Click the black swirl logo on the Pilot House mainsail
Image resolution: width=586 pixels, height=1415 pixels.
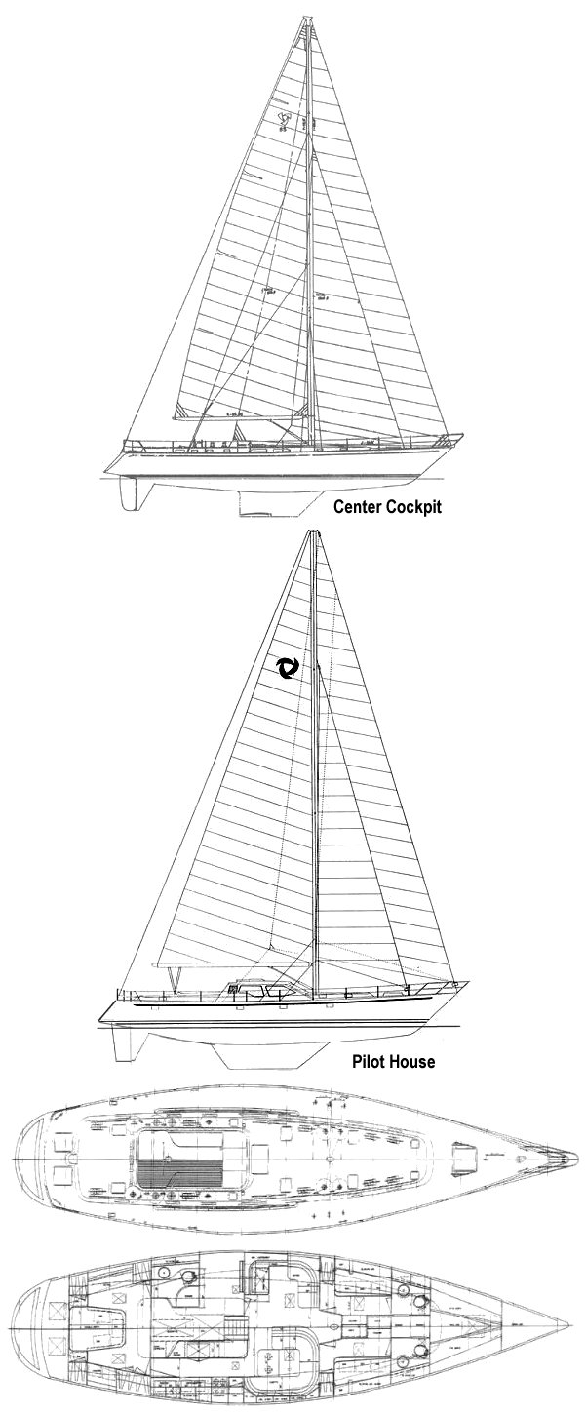pos(288,668)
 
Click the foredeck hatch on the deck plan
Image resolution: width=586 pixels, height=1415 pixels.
pos(467,1159)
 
